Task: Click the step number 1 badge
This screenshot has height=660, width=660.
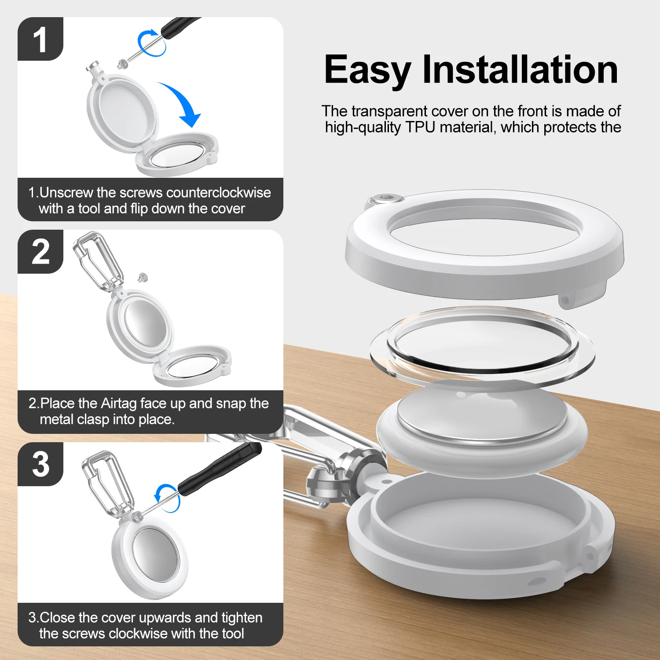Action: pyautogui.click(x=40, y=39)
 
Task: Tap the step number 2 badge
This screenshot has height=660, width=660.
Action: pyautogui.click(x=40, y=251)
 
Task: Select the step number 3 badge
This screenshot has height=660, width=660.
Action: pyautogui.click(x=40, y=464)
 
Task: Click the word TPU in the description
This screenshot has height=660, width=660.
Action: pyautogui.click(x=421, y=127)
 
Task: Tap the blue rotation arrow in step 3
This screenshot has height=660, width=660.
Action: pyautogui.click(x=168, y=498)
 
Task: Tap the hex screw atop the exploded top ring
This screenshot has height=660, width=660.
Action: pyautogui.click(x=386, y=199)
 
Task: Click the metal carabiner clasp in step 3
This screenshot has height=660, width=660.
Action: pyautogui.click(x=107, y=482)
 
